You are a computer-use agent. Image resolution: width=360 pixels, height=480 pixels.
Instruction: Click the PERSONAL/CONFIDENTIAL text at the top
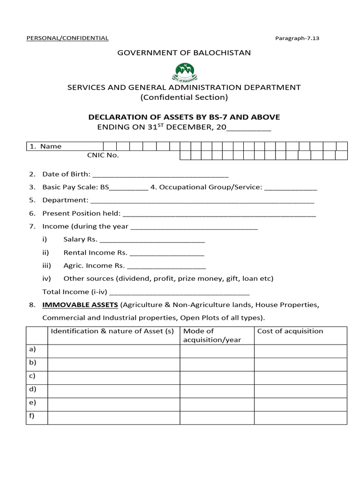(67, 38)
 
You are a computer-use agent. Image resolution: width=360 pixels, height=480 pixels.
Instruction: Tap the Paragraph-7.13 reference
(297, 38)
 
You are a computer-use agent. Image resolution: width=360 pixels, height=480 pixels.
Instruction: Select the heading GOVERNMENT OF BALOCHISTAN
(184, 52)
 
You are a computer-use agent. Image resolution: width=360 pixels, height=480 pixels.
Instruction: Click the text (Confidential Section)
(184, 97)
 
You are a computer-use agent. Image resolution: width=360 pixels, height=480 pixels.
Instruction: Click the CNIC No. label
(103, 155)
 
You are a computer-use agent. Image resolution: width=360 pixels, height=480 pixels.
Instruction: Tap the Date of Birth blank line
(161, 174)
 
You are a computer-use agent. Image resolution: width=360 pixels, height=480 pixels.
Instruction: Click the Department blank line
(202, 201)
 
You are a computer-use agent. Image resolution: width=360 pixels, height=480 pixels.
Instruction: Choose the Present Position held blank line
(218, 214)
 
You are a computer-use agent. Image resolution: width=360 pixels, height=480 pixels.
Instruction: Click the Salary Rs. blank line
(152, 240)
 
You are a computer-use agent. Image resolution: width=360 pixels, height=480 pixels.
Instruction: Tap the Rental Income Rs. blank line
(166, 253)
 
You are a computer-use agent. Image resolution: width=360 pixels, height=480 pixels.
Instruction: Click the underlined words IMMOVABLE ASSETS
(80, 305)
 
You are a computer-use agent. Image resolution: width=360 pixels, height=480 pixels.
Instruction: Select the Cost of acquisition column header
(290, 331)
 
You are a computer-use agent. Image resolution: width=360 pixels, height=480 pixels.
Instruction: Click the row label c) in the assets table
(32, 376)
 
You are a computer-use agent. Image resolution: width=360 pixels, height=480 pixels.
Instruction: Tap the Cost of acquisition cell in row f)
(300, 418)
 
